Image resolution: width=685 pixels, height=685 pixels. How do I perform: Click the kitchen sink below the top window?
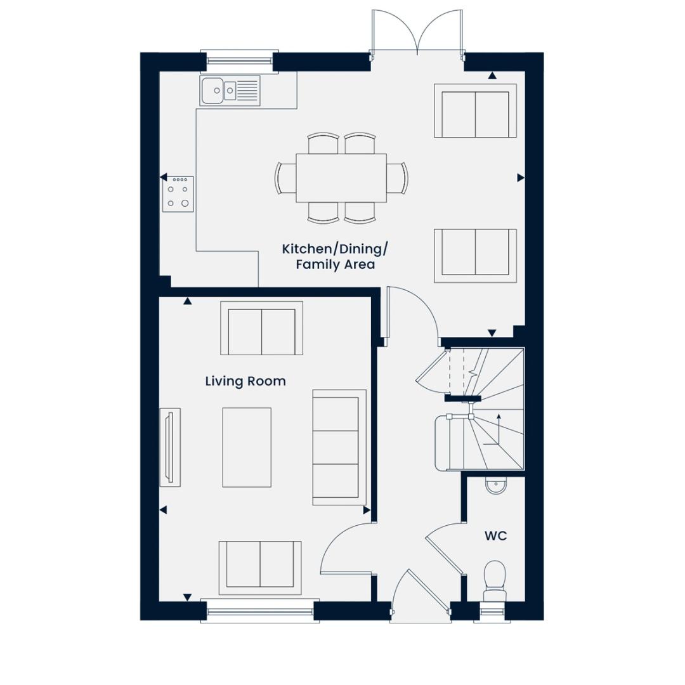pos(230,91)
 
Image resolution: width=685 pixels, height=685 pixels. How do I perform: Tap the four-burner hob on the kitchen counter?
pos(178,194)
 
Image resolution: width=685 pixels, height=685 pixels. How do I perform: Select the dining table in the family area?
pos(341,178)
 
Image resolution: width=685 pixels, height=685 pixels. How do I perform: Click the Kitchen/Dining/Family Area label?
pos(334,256)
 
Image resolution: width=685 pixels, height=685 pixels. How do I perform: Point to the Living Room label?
pos(245,381)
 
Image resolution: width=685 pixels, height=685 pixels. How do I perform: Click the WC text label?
pos(495,536)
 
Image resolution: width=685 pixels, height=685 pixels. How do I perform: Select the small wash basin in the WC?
pos(495,486)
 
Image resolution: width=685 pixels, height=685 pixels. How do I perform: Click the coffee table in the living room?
pos(246,447)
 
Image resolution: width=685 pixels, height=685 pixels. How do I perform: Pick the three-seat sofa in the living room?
pos(339,447)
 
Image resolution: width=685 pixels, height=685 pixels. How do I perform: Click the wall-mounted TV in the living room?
pos(169,447)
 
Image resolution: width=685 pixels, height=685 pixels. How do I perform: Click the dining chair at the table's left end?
pos(285,178)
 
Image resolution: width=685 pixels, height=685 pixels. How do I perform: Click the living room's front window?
pos(260,611)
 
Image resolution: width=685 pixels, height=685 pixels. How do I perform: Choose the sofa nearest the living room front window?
pos(260,564)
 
